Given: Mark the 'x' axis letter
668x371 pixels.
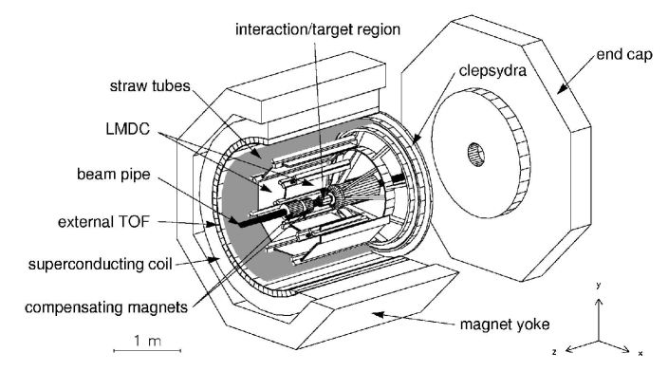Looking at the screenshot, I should [x=640, y=352].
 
